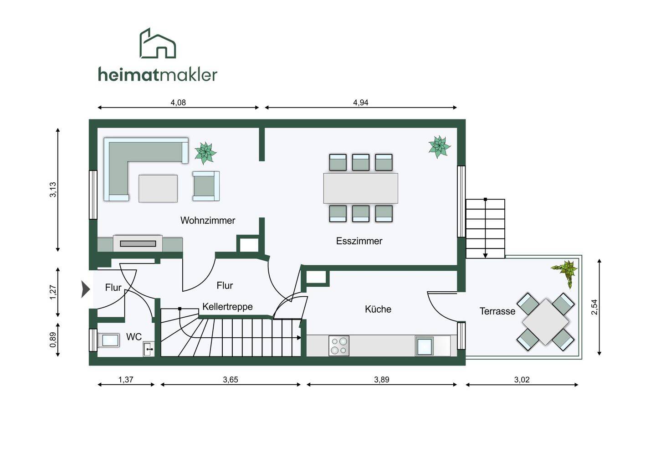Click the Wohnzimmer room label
click(x=208, y=221)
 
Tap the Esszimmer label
click(x=359, y=241)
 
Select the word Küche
click(x=378, y=309)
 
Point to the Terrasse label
click(x=497, y=311)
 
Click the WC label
click(x=134, y=337)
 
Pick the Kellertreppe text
click(x=227, y=307)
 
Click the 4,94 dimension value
click(x=360, y=103)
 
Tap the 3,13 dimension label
click(x=53, y=190)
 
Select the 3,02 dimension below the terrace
click(x=522, y=380)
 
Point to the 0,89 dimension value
click(x=53, y=340)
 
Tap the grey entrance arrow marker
click(x=86, y=289)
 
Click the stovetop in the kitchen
click(x=339, y=346)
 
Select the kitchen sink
click(x=424, y=346)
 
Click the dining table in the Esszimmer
click(x=360, y=188)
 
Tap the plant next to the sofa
click(x=205, y=153)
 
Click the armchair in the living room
click(x=205, y=186)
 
